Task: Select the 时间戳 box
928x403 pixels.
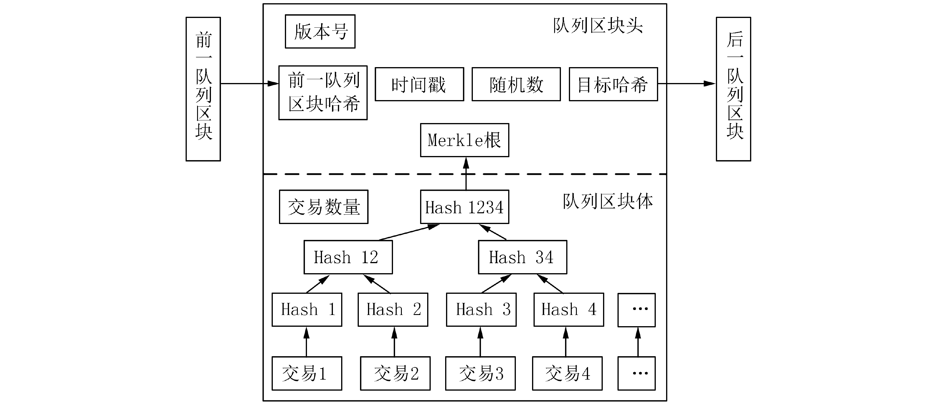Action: pos(419,84)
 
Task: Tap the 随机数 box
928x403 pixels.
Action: pos(516,84)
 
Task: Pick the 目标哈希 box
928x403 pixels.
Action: pos(613,84)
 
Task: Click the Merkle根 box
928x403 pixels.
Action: pos(464,140)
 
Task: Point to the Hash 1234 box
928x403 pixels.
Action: pos(464,207)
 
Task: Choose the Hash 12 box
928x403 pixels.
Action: pos(348,257)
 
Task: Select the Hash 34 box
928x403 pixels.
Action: pos(522,257)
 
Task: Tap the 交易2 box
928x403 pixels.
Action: pos(395,374)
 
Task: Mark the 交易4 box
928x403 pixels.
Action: pos(567,374)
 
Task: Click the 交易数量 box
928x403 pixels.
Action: pos(323,207)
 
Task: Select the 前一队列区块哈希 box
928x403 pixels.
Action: pos(323,93)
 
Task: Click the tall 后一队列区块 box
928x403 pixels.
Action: pos(733,89)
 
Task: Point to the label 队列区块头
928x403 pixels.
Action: pos(598,26)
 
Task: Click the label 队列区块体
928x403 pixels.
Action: pos(608,201)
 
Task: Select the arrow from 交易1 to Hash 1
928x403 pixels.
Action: pos(307,342)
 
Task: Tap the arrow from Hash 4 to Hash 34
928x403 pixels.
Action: pos(550,283)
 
